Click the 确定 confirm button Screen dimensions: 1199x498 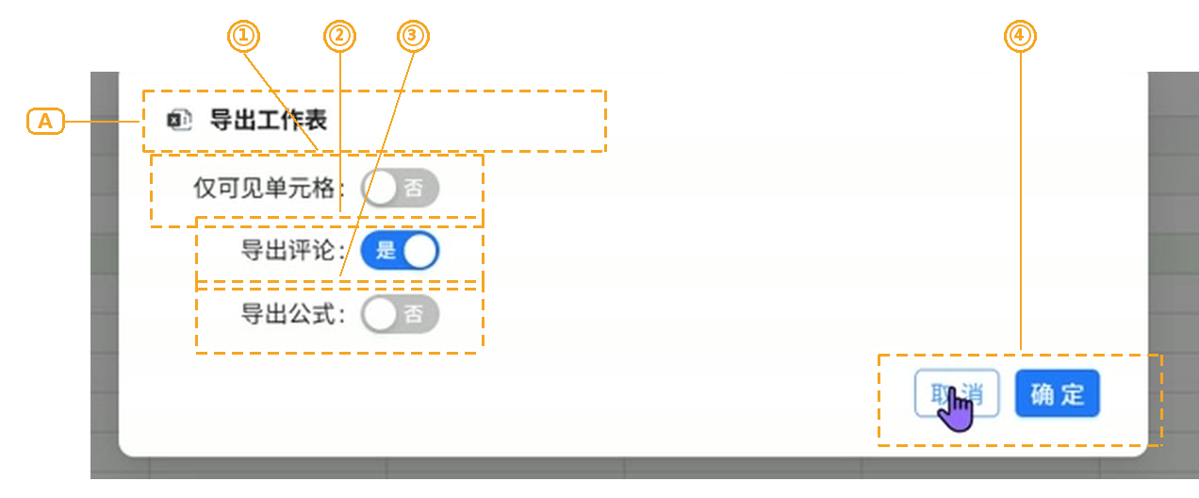tap(1058, 393)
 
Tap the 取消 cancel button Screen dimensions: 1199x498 tap(957, 393)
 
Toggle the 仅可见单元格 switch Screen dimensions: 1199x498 tap(400, 188)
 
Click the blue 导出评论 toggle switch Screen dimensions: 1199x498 tap(400, 251)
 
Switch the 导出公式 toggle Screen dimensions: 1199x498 tap(400, 314)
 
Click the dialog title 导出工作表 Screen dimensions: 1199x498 tap(268, 120)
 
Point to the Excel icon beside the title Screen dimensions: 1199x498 tap(179, 120)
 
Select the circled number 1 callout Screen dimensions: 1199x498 tap(243, 36)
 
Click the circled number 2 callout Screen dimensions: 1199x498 tap(339, 36)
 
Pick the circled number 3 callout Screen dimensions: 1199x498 tap(413, 36)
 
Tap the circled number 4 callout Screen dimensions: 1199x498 tap(1020, 36)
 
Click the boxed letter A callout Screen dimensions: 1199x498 tap(45, 121)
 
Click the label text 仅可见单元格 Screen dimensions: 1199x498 tap(264, 188)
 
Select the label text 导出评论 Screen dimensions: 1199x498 tap(288, 251)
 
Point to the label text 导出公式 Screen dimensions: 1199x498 tap(288, 314)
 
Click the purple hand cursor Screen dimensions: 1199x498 tap(956, 409)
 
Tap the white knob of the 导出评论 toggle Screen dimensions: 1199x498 tap(420, 251)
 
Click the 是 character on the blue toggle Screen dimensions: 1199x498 tap(386, 251)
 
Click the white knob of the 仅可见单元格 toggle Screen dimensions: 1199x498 tap(380, 188)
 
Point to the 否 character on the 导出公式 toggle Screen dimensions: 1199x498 tap(413, 314)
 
